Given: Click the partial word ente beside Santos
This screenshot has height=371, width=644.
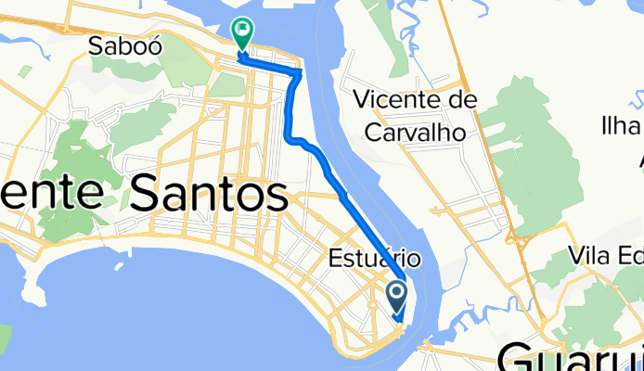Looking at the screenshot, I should pyautogui.click(x=51, y=195).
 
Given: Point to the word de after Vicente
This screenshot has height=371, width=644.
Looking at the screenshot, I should pyautogui.click(x=465, y=99).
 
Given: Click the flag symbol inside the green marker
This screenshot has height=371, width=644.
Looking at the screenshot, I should pyautogui.click(x=242, y=30).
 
